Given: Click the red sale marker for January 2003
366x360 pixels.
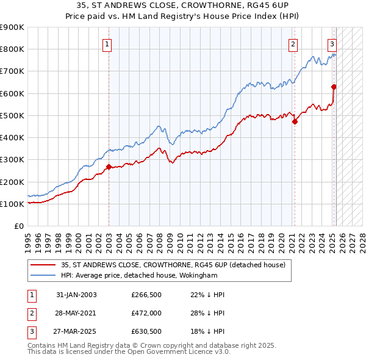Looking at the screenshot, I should coord(109,167).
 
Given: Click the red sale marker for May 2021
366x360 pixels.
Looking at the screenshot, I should coord(295,121).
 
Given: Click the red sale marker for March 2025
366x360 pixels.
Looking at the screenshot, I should coord(334,87).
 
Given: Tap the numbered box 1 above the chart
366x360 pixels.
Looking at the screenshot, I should coord(107,43).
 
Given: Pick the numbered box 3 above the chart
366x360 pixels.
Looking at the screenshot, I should coord(332,43).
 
